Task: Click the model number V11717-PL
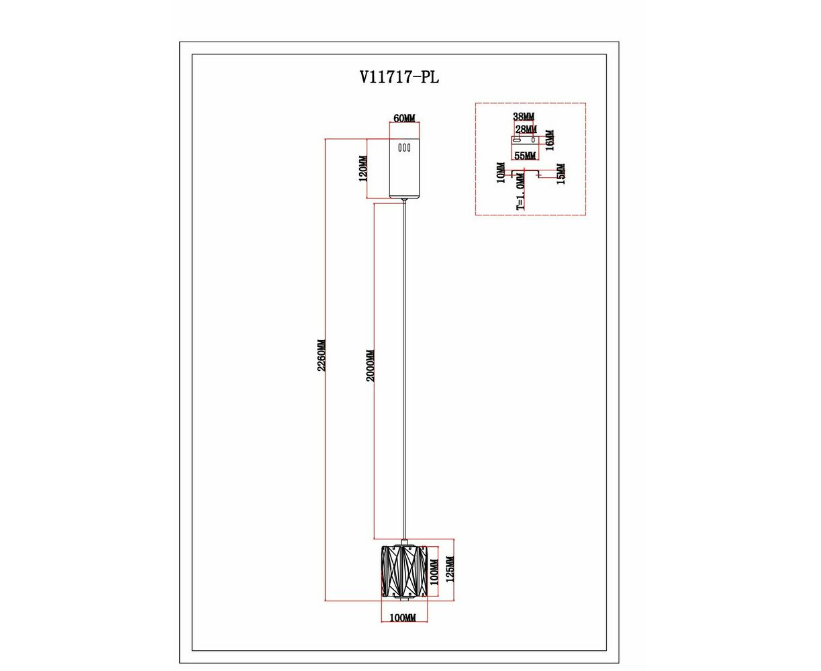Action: pyautogui.click(x=399, y=77)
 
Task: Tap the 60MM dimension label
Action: pyautogui.click(x=405, y=118)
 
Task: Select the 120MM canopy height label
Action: pyautogui.click(x=363, y=168)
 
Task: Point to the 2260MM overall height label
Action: pyautogui.click(x=321, y=356)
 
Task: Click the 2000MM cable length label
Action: pyautogui.click(x=370, y=366)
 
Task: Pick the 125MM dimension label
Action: pyautogui.click(x=450, y=569)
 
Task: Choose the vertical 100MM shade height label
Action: pyautogui.click(x=434, y=572)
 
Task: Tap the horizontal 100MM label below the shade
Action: pyautogui.click(x=403, y=617)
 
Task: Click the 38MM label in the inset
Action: pyautogui.click(x=524, y=116)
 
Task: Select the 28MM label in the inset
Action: pyautogui.click(x=526, y=129)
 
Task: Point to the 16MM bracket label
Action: pyautogui.click(x=549, y=140)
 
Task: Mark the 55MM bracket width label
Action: pyautogui.click(x=525, y=156)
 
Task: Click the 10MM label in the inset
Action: pyautogui.click(x=501, y=172)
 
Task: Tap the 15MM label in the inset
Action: pyautogui.click(x=561, y=174)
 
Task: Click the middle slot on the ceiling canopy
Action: pyautogui.click(x=404, y=148)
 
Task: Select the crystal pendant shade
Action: pyautogui.click(x=405, y=571)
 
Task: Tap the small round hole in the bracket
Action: pyautogui.click(x=533, y=140)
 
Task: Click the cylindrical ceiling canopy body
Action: pyautogui.click(x=405, y=168)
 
